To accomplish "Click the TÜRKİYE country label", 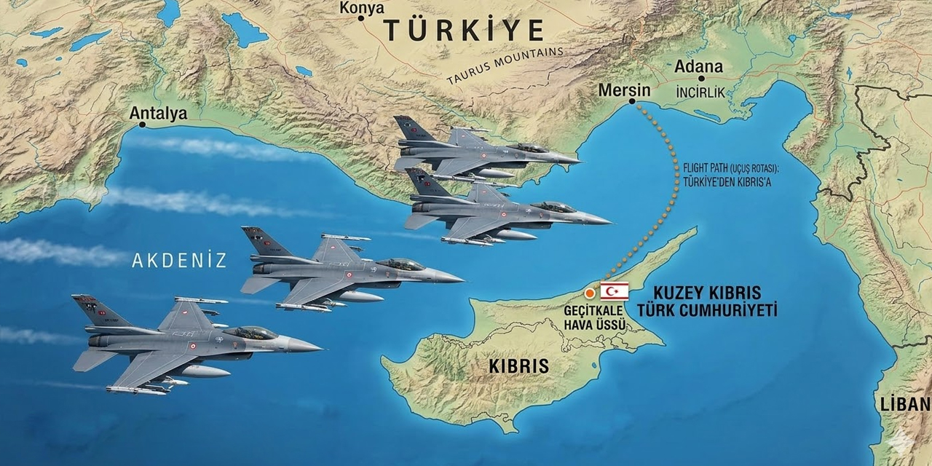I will click(x=464, y=30).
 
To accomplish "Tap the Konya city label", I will click(x=362, y=7).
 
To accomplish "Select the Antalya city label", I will click(x=158, y=113).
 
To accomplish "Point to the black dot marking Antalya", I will click(x=142, y=125).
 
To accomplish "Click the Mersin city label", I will click(x=624, y=90).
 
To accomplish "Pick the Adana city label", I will click(x=698, y=67).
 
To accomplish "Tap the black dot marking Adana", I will click(x=700, y=79).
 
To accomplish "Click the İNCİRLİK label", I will click(x=700, y=93).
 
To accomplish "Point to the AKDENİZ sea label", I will click(x=179, y=261).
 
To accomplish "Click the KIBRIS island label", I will click(x=518, y=366).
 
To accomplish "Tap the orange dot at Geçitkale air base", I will click(x=589, y=293).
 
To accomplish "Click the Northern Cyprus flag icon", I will click(x=614, y=292).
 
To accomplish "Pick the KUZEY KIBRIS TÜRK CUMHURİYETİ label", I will click(x=707, y=301).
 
